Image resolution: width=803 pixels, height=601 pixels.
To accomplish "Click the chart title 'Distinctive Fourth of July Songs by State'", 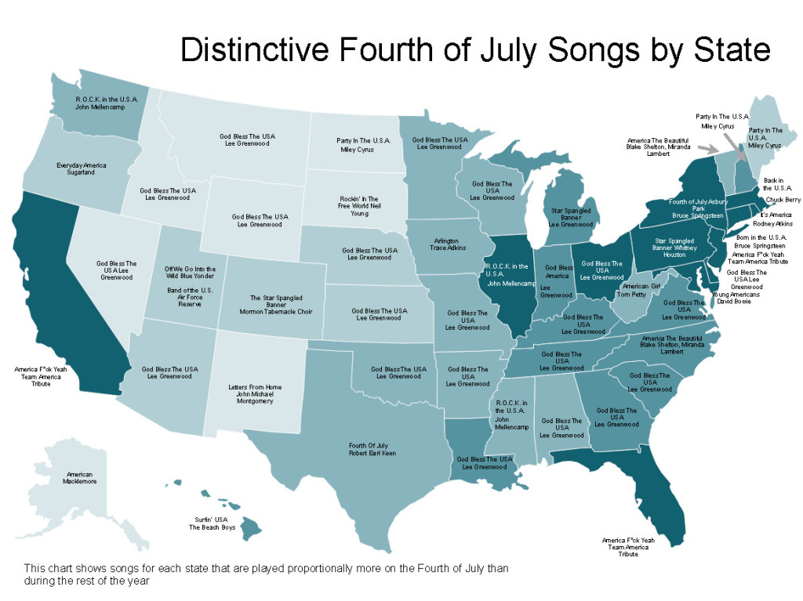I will (x=475, y=50).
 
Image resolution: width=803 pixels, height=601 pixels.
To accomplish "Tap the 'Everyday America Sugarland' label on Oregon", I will (x=81, y=168).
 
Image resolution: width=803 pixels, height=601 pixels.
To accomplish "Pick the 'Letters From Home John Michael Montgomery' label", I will (x=255, y=394).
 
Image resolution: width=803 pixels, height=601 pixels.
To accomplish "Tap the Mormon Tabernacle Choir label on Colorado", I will (x=271, y=305).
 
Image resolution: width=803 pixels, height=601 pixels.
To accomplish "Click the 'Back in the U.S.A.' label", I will (x=778, y=185).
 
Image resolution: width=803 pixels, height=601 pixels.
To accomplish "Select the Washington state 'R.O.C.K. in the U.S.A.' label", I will (x=107, y=103).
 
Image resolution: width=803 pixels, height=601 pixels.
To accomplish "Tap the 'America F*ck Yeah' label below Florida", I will (x=627, y=547).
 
